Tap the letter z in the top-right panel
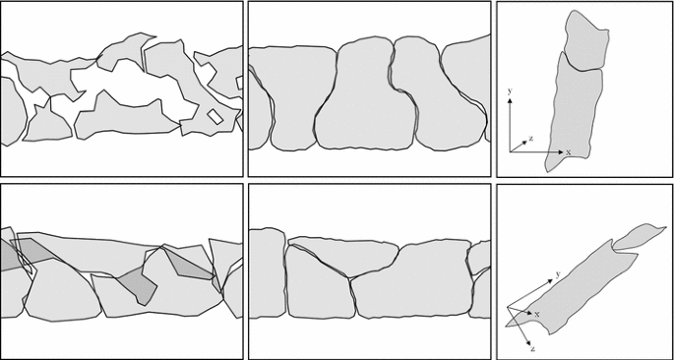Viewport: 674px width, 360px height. [x=530, y=139]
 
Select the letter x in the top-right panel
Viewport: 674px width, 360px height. [x=567, y=152]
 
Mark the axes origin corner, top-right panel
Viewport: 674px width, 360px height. [x=512, y=150]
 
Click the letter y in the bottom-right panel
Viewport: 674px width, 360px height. [x=558, y=273]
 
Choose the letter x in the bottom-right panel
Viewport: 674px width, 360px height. [x=537, y=314]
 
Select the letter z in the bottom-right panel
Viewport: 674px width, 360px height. [x=532, y=349]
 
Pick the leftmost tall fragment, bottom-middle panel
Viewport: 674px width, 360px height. [x=266, y=276]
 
